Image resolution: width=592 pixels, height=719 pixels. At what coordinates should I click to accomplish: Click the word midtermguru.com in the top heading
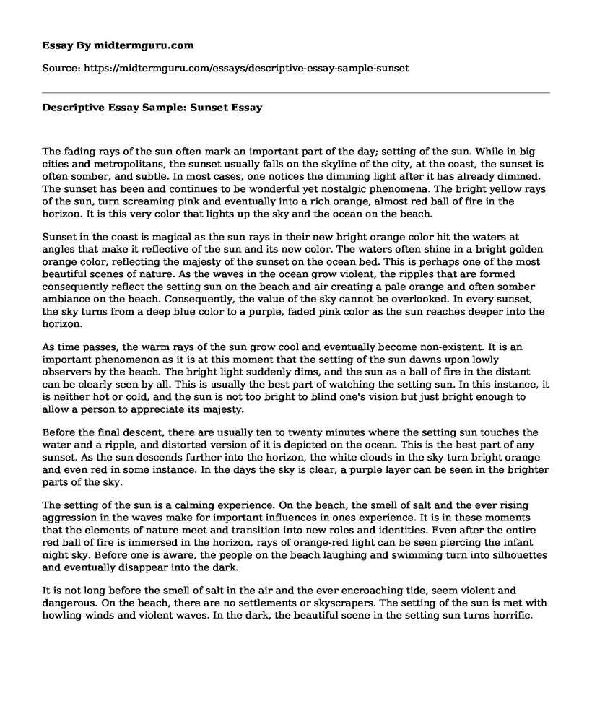click(x=154, y=45)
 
